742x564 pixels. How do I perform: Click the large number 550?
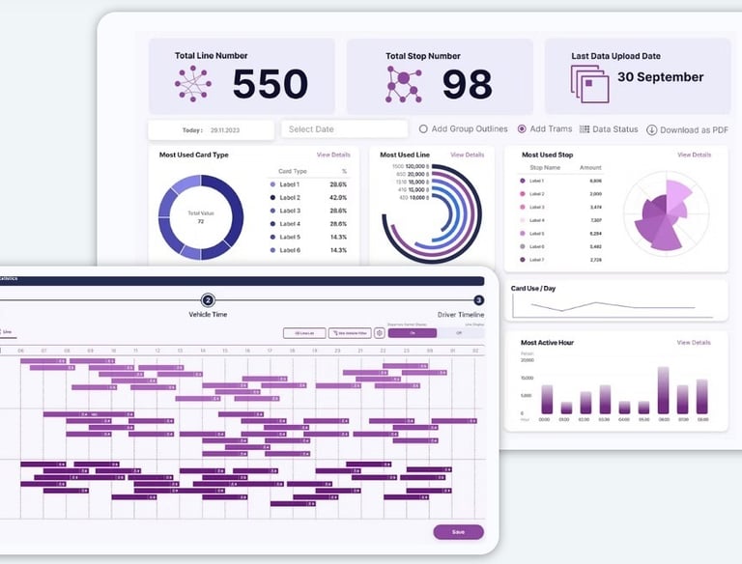270,85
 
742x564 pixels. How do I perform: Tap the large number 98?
468,85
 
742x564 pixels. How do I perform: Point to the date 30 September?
661,77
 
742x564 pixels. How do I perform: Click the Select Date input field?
344,129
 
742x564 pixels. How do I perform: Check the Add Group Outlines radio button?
423,129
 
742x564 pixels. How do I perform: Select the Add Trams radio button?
522,129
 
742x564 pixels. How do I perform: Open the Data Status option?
609,129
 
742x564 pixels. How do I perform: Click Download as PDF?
687,129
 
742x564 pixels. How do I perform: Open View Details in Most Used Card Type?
333,155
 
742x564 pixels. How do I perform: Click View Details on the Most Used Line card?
467,155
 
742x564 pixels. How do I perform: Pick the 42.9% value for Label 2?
338,197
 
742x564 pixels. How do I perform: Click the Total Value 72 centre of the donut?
201,217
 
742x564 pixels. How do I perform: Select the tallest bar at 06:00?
663,390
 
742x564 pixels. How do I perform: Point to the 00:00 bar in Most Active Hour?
547,399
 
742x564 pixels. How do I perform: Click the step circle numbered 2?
208,300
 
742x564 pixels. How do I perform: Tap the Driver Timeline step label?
460,315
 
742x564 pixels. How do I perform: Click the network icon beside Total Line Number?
193,84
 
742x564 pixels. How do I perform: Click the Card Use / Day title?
532,288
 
